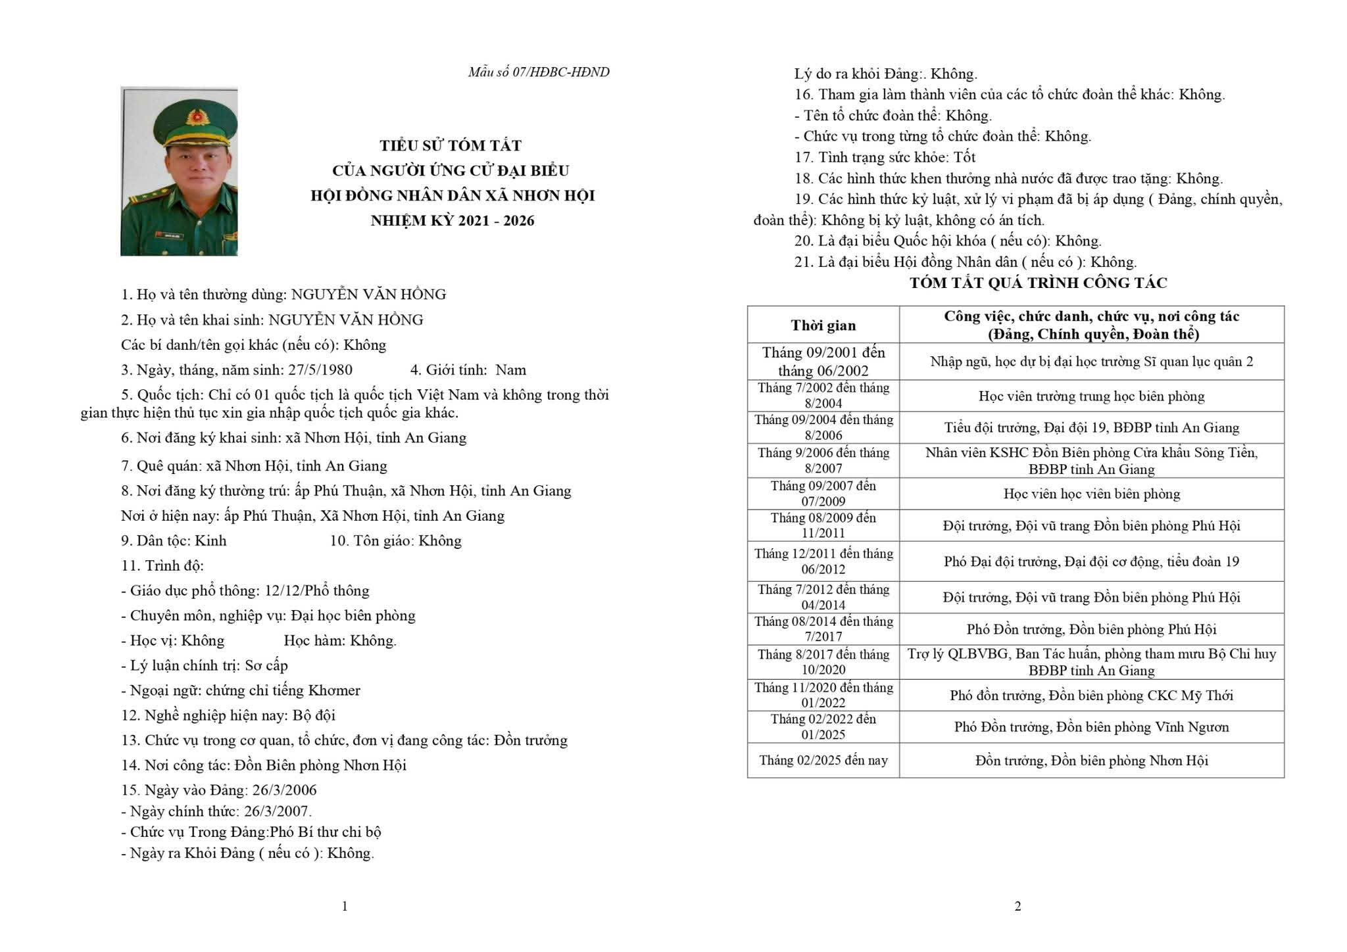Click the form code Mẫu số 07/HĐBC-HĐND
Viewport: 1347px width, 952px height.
(x=538, y=72)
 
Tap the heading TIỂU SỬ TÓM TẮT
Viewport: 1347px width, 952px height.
(x=451, y=145)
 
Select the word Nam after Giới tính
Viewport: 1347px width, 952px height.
(x=510, y=369)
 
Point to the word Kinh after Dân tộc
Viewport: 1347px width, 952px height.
(x=211, y=540)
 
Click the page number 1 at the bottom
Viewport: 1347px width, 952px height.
(x=345, y=906)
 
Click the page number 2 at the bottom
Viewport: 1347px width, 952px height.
(x=1017, y=906)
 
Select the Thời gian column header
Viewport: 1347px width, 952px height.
(x=823, y=325)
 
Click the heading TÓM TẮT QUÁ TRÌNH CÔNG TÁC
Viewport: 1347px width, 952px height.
(x=1038, y=283)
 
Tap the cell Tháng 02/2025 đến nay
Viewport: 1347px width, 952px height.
(x=823, y=760)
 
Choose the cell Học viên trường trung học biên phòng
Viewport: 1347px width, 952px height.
(x=1091, y=396)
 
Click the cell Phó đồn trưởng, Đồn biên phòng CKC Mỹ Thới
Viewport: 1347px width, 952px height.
(x=1091, y=695)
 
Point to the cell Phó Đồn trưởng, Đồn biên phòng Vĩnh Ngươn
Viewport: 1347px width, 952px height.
(x=1091, y=726)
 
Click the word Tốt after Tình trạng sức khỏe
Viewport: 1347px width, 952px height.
(x=964, y=157)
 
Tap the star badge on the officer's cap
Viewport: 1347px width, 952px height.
(x=194, y=116)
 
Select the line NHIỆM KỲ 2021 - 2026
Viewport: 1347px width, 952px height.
(x=452, y=221)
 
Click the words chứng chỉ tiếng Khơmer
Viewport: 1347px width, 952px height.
(x=283, y=690)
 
